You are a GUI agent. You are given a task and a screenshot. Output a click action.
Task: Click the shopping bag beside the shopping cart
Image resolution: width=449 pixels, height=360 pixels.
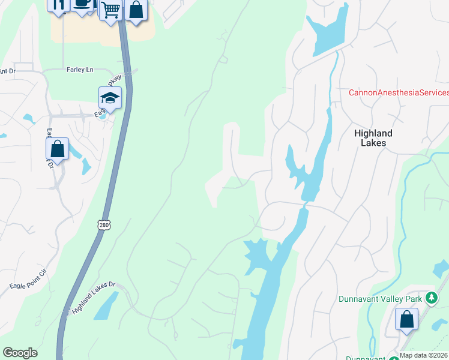136,10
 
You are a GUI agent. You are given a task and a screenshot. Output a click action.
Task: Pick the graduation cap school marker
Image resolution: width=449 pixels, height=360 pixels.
110,97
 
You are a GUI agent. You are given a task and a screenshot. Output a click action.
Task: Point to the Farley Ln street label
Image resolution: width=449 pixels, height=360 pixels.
82,70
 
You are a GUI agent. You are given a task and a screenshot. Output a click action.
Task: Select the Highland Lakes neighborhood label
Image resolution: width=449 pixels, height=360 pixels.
373,138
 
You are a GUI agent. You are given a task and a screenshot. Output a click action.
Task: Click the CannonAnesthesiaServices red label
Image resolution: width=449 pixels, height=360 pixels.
399,92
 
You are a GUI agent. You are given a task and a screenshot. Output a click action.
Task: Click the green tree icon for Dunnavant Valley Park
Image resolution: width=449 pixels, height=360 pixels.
431,298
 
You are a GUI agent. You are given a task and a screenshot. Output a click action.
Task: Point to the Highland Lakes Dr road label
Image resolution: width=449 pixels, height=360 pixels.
97,299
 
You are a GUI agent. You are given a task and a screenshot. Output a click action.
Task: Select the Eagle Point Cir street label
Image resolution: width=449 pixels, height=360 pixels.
28,281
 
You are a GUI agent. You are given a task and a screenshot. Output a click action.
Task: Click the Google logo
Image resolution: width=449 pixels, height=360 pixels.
20,353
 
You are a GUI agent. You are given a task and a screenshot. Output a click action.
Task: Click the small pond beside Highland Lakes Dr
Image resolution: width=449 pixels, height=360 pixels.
106,306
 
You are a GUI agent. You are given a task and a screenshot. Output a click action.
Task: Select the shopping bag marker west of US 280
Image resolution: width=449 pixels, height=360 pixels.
58,148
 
